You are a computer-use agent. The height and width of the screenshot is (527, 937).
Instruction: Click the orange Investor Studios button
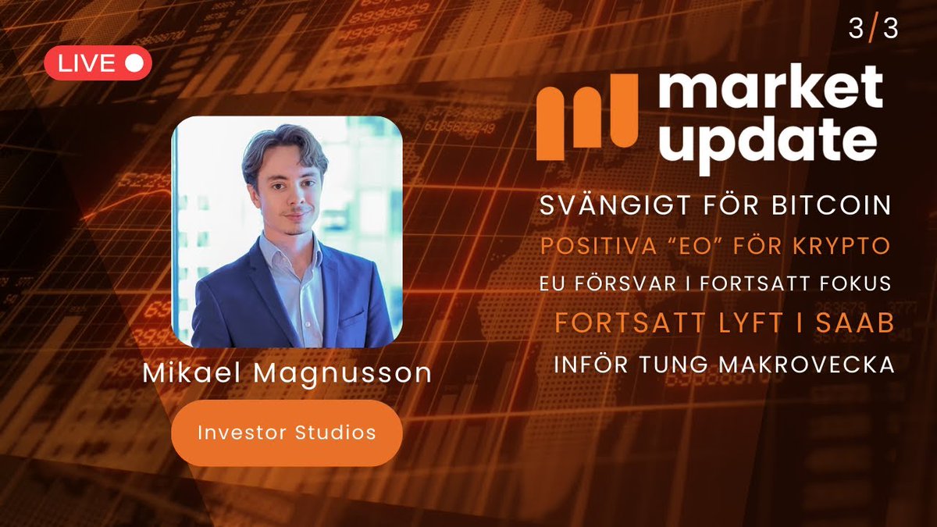(287, 433)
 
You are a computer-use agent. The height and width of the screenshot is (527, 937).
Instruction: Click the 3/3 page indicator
(873, 30)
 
